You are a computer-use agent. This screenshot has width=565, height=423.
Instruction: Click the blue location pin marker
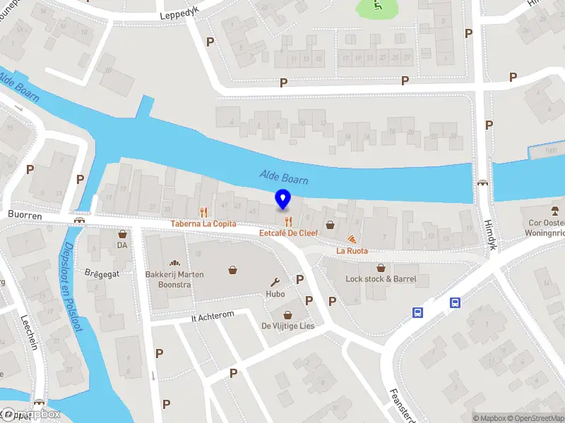point(283,200)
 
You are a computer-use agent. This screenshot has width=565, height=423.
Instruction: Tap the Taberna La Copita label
point(203,223)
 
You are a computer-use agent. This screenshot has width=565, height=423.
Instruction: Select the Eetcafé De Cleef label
point(288,233)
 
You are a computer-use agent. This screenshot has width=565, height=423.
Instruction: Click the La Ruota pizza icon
point(352,238)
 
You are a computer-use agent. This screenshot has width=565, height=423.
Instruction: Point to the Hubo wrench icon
point(275,281)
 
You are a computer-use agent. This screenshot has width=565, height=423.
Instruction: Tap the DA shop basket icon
point(122,233)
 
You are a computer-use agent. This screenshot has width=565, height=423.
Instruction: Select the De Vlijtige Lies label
point(287,326)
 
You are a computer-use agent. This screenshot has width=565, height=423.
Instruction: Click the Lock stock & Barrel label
point(381,278)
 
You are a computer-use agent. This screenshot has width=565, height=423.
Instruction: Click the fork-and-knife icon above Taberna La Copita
point(203,211)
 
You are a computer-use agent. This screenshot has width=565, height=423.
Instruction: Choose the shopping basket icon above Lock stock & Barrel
point(381,267)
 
